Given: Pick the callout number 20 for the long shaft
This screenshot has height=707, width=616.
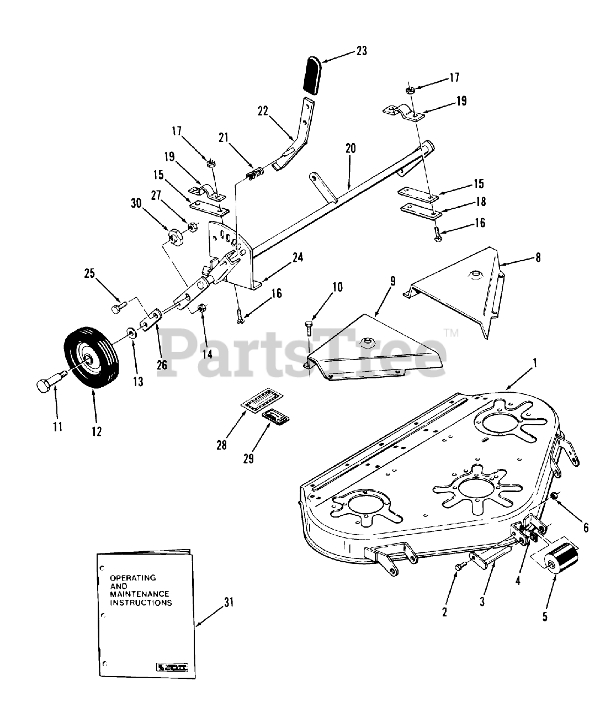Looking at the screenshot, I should [x=351, y=148].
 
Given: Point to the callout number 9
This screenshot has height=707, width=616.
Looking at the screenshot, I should [x=392, y=282].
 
